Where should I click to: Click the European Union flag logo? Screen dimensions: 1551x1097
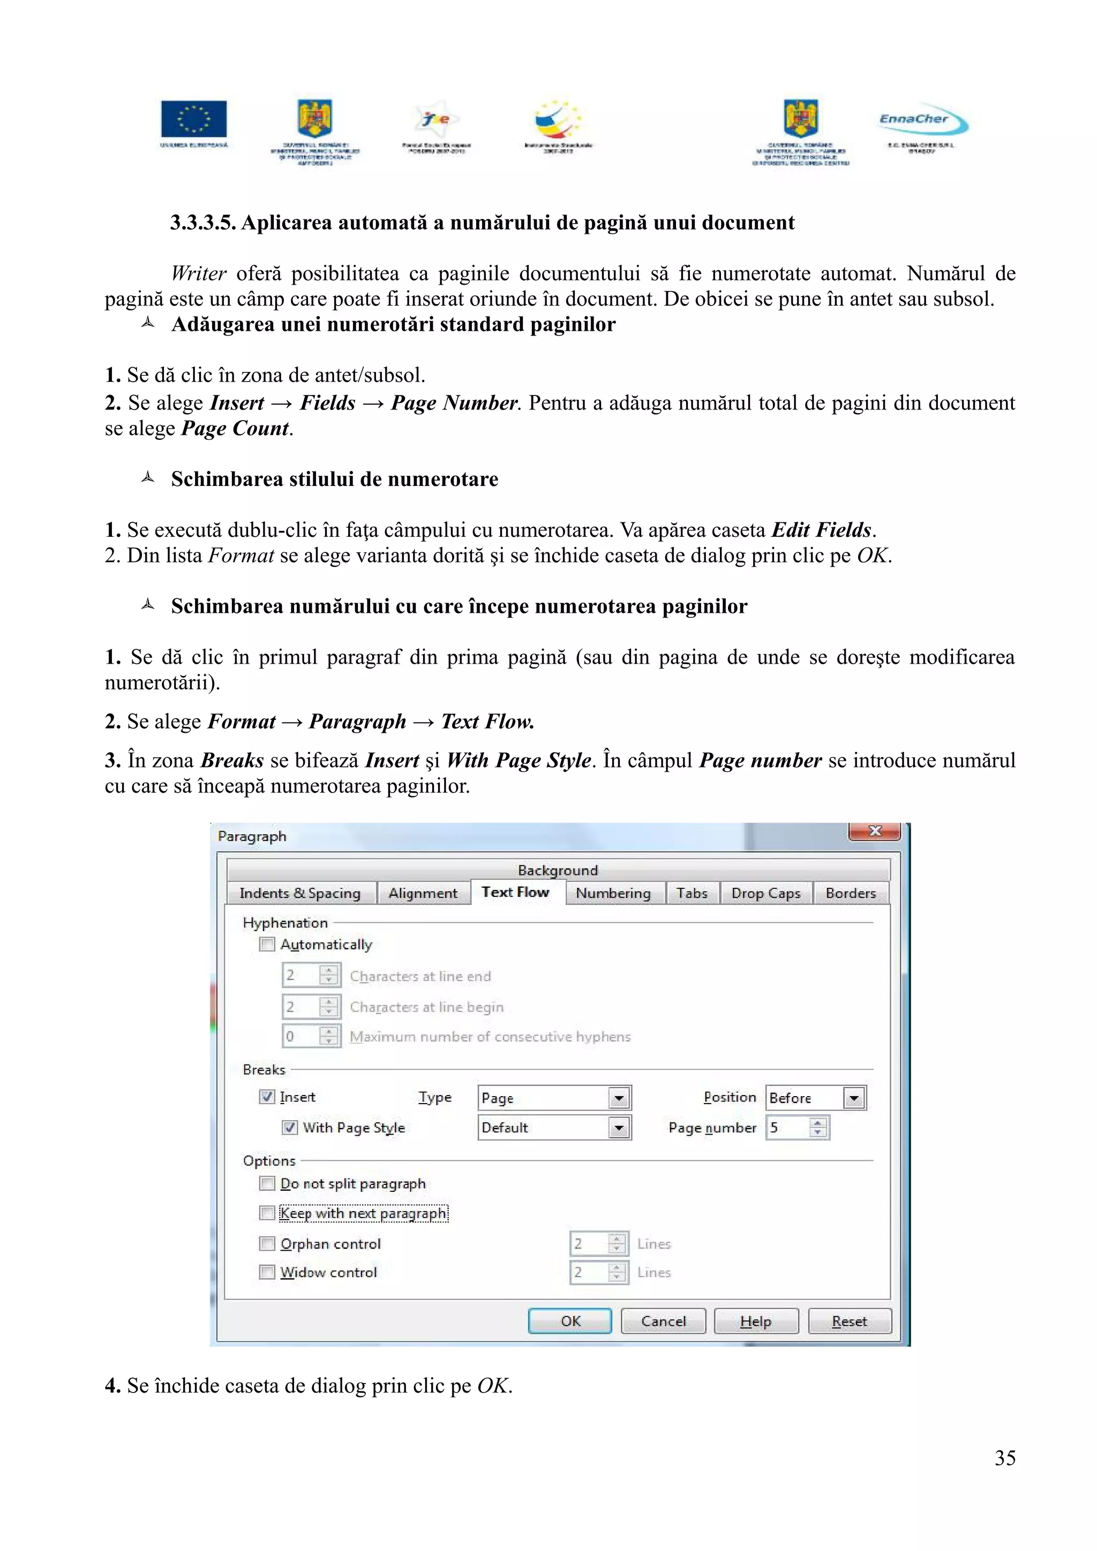[x=194, y=119]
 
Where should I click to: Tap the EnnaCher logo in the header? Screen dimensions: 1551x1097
[x=922, y=119]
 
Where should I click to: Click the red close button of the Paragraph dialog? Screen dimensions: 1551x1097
[x=874, y=831]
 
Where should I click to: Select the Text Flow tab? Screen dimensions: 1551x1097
[x=515, y=892]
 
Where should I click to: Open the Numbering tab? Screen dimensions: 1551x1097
[x=613, y=893]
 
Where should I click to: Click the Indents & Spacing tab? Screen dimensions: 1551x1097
[x=300, y=893]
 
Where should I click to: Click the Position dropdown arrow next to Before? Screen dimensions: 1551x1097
[x=854, y=1098]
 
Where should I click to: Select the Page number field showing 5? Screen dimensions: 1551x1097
[x=787, y=1128]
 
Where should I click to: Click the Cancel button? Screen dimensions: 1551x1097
[x=663, y=1321]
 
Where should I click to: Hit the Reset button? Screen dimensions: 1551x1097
[x=849, y=1321]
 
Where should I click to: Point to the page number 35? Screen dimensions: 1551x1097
[x=1004, y=1458]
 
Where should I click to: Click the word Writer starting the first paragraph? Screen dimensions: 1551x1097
[x=198, y=273]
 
